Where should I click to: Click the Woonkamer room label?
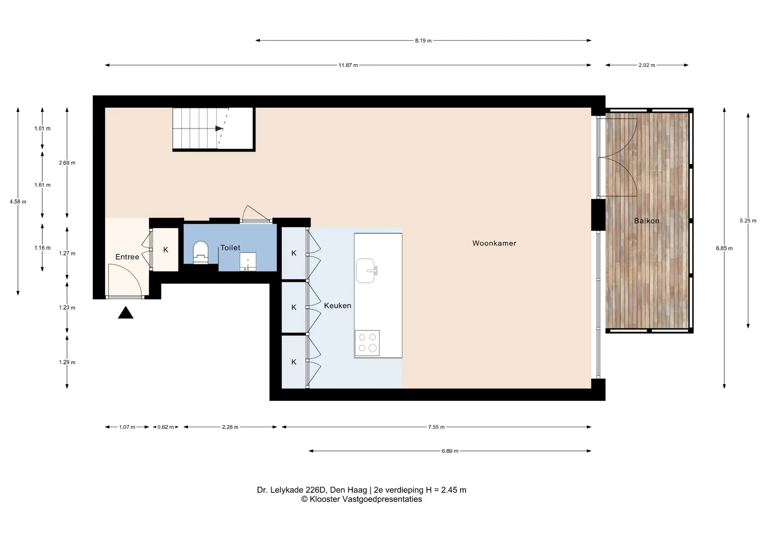[494, 243]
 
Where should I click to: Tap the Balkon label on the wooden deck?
[646, 221]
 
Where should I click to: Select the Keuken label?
[338, 306]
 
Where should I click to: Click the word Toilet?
[230, 248]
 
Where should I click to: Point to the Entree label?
[127, 257]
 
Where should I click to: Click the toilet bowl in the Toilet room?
[201, 252]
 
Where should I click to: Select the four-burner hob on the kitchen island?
[367, 343]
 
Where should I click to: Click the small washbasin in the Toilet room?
[248, 261]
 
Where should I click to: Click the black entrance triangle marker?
[126, 313]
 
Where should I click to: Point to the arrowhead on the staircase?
[219, 129]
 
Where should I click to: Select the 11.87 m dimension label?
[348, 65]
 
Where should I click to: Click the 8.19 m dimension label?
[423, 41]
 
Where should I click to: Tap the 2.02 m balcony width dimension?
[647, 65]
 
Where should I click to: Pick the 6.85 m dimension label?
[724, 248]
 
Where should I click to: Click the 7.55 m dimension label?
[436, 427]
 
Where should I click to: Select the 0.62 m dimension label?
[166, 427]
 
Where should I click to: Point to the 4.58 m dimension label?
[18, 202]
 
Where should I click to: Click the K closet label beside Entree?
[166, 250]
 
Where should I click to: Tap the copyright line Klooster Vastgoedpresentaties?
[361, 499]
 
